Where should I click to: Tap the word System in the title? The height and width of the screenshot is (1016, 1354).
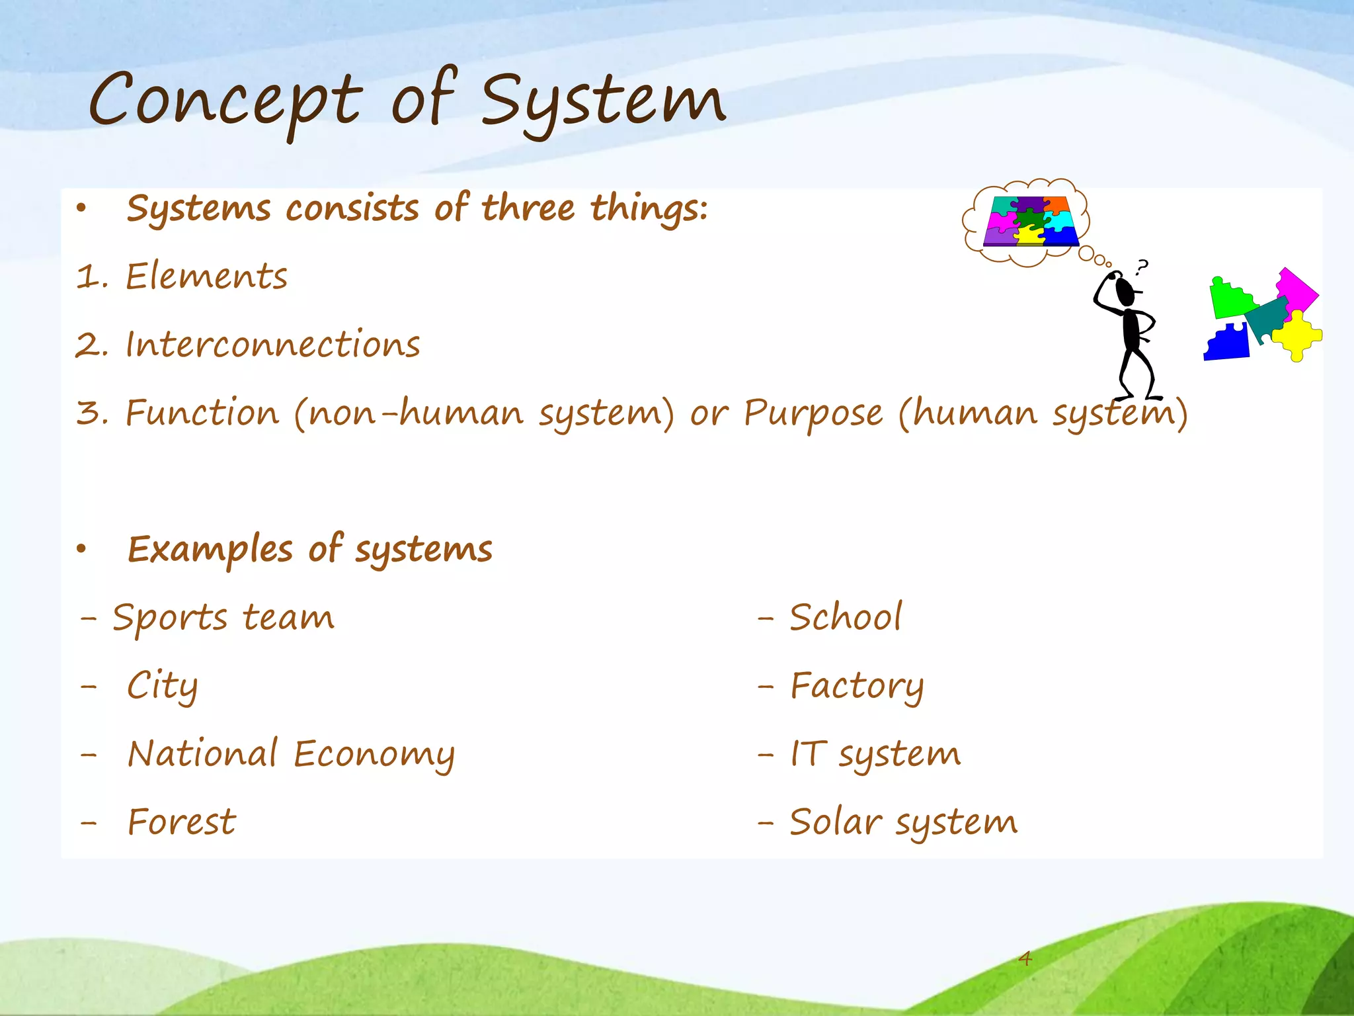pyautogui.click(x=603, y=101)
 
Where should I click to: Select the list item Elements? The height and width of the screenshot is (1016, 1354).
pyautogui.click(x=206, y=276)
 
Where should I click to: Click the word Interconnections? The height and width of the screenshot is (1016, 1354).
pyautogui.click(x=272, y=345)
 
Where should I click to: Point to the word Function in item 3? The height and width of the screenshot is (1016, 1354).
pyautogui.click(x=202, y=413)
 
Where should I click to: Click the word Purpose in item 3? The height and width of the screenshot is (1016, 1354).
pyautogui.click(x=813, y=413)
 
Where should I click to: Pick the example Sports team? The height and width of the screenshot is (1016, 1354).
pyautogui.click(x=223, y=618)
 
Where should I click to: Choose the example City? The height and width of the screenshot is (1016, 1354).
pyautogui.click(x=162, y=686)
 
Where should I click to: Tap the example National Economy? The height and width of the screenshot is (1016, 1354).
pyautogui.click(x=291, y=755)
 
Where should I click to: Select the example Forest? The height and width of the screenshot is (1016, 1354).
pyautogui.click(x=181, y=823)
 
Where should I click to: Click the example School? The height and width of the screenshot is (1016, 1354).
pyautogui.click(x=845, y=618)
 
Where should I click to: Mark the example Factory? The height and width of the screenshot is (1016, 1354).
pyautogui.click(x=857, y=686)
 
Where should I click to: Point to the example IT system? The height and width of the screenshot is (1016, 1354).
pyautogui.click(x=875, y=755)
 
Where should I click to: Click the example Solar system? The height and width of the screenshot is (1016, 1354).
pyautogui.click(x=903, y=823)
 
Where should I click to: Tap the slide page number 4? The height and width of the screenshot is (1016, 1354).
pyautogui.click(x=1025, y=958)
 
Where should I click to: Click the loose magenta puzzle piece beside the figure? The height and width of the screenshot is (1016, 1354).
pyautogui.click(x=1296, y=288)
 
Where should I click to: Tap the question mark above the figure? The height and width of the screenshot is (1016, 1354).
pyautogui.click(x=1142, y=267)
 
